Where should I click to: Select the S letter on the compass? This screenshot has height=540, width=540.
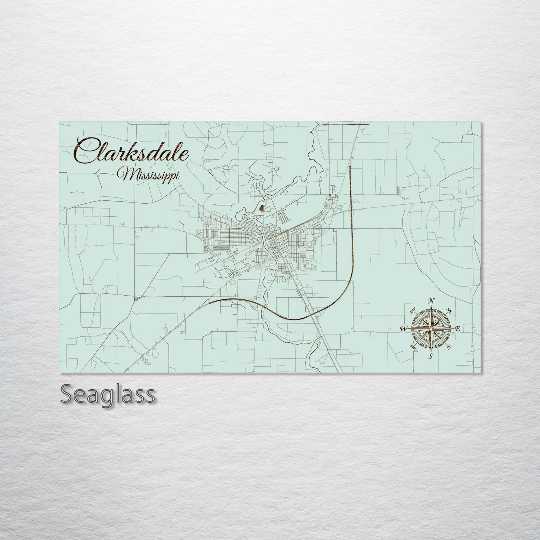click(x=431, y=356)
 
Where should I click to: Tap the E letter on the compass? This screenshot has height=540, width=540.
click(x=457, y=329)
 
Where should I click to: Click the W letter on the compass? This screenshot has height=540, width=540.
click(x=404, y=329)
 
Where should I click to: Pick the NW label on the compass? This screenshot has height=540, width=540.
click(x=413, y=310)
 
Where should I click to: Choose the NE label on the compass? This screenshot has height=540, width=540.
click(x=450, y=311)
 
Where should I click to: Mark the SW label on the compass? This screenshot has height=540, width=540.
click(x=413, y=347)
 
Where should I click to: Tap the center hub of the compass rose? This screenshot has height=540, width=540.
click(x=431, y=328)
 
